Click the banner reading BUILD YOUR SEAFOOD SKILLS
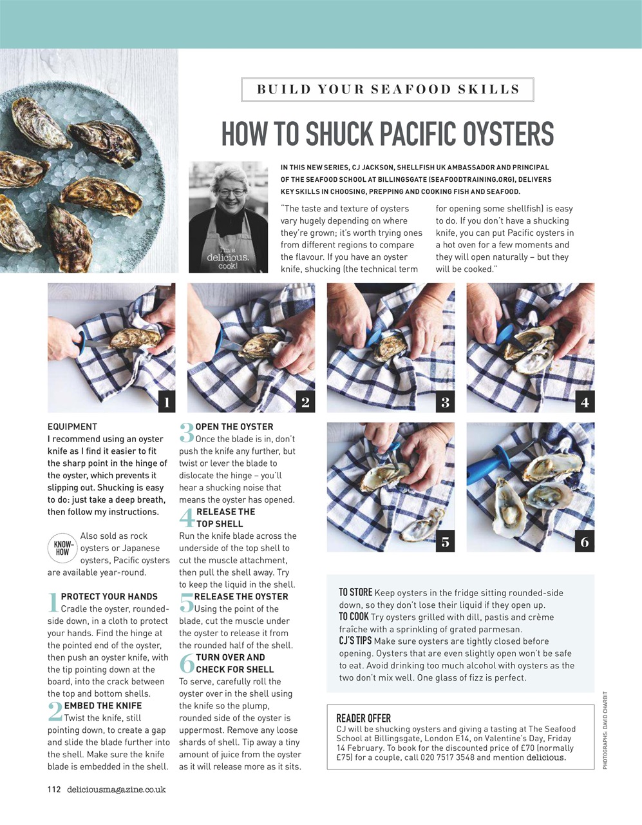click(x=388, y=90)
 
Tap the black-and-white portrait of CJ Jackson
click(x=228, y=217)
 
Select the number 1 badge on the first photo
click(x=166, y=402)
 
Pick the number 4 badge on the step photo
click(x=585, y=402)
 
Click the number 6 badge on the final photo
click(x=585, y=541)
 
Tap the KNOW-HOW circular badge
click(x=62, y=548)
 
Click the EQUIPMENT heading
click(x=72, y=427)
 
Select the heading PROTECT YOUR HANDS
click(x=109, y=597)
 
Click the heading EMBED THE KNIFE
click(x=103, y=706)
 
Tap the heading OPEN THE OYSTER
click(x=234, y=427)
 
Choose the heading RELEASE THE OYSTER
click(x=241, y=597)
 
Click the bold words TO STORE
click(x=355, y=592)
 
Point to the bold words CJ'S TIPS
click(x=355, y=641)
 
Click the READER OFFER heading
click(x=363, y=718)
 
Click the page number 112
click(x=54, y=790)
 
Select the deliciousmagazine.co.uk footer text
click(x=117, y=790)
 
